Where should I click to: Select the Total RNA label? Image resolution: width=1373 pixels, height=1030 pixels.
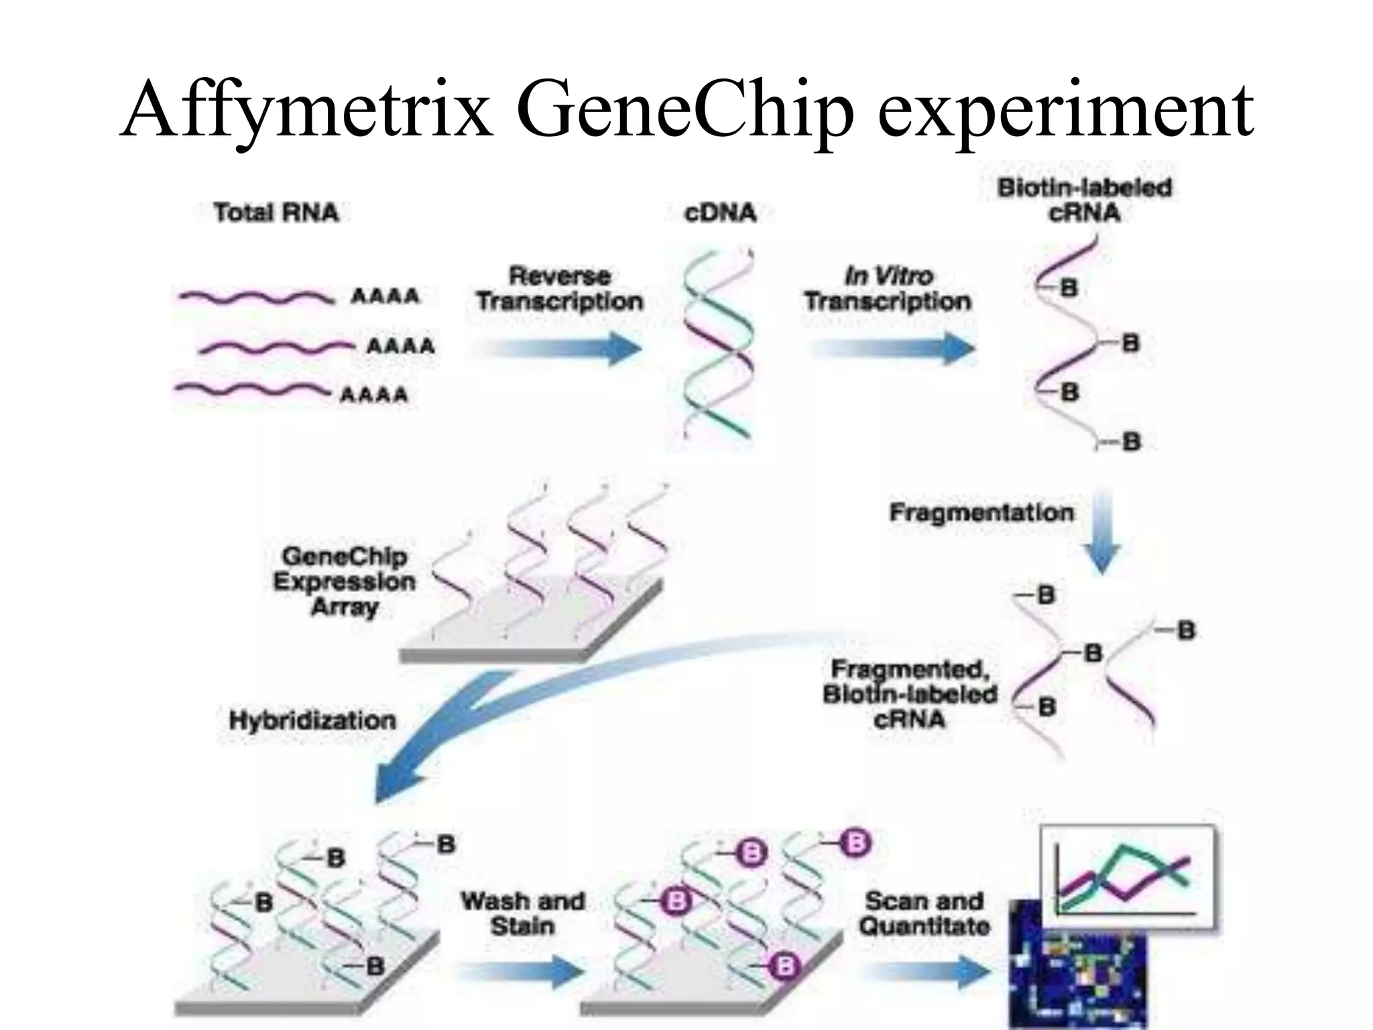tap(276, 213)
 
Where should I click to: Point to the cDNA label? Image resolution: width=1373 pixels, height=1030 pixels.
tap(720, 213)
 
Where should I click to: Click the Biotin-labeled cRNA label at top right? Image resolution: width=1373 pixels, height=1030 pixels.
tap(1084, 200)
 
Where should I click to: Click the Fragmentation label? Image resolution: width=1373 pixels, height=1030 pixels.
tap(981, 512)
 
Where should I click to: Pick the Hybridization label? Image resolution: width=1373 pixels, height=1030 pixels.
tap(312, 720)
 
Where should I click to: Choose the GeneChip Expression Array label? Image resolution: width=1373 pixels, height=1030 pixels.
tap(345, 581)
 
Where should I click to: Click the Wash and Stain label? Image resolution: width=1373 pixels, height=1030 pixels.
tap(522, 913)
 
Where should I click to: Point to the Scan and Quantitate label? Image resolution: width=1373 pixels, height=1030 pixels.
tap(924, 913)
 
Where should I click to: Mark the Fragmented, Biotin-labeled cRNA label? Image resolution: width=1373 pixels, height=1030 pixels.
tap(910, 694)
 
